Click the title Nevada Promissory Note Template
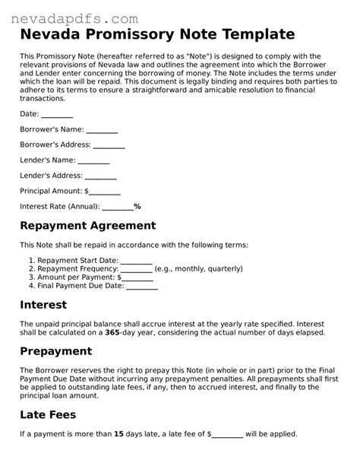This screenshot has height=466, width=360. [x=156, y=34]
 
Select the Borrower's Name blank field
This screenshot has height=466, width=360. [x=103, y=130]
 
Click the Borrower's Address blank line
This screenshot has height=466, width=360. [x=109, y=145]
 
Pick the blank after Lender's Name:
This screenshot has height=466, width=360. [x=94, y=160]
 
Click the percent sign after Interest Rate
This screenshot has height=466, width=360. [x=137, y=206]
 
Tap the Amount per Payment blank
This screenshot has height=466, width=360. [x=126, y=277]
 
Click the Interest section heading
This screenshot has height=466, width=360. [x=43, y=305]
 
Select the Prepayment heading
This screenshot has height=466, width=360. [x=55, y=352]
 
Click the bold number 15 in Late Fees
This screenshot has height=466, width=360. [x=120, y=435]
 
